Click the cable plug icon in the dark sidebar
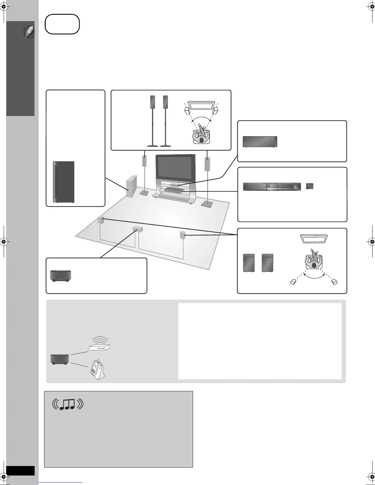click(30, 32)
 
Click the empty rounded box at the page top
click(62, 24)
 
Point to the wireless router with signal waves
click(99, 345)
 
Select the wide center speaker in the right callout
click(260, 142)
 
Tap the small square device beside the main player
click(310, 186)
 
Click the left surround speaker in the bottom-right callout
click(249, 263)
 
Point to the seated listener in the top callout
click(201, 135)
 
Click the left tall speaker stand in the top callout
click(153, 121)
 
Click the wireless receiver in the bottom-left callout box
click(61, 276)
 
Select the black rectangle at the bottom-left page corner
click(20, 471)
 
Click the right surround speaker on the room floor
click(183, 235)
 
